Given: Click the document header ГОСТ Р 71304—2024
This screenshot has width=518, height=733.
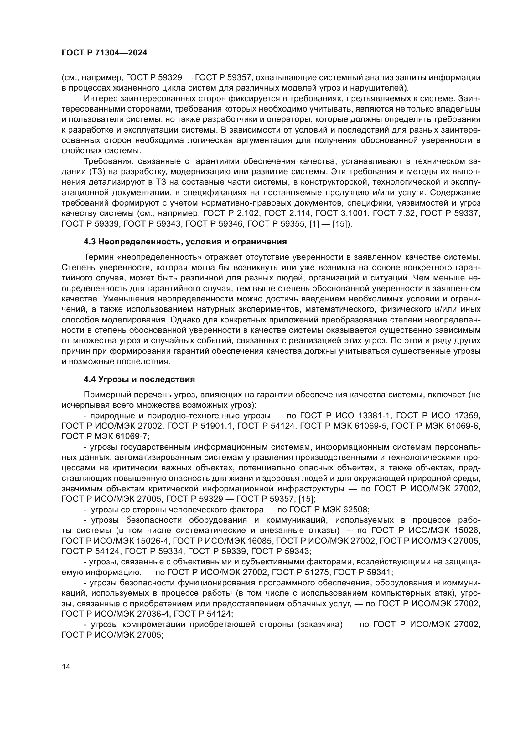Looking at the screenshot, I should [104, 53].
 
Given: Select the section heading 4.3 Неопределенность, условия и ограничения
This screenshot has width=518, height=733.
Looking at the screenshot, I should [185, 242].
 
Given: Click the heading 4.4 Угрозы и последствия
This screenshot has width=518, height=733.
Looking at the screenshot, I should [139, 379].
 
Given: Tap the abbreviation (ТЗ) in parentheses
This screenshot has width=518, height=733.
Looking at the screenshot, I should [96, 171].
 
